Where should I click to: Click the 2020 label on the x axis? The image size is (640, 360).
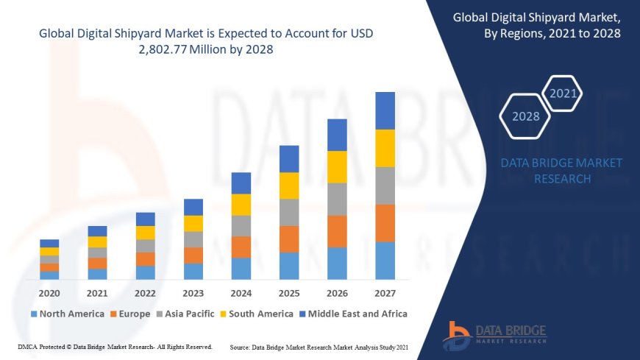tap(49, 293)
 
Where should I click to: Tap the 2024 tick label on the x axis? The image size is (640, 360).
tap(241, 293)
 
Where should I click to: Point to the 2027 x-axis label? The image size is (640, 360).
tap(385, 293)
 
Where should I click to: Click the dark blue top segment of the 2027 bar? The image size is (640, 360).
tap(385, 110)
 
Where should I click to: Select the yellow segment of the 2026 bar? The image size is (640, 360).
tap(337, 167)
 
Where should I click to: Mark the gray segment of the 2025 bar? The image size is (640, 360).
tap(289, 212)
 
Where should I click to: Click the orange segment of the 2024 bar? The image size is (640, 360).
tap(241, 247)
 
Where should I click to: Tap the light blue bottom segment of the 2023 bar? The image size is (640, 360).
tap(193, 272)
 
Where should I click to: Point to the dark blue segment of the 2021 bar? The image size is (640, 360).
tap(97, 231)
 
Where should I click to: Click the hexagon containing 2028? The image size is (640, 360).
tap(525, 116)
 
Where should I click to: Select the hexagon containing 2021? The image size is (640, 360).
tap(563, 93)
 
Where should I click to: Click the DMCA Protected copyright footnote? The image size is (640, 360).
tap(114, 347)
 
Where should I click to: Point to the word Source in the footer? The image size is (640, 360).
tap(243, 347)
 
